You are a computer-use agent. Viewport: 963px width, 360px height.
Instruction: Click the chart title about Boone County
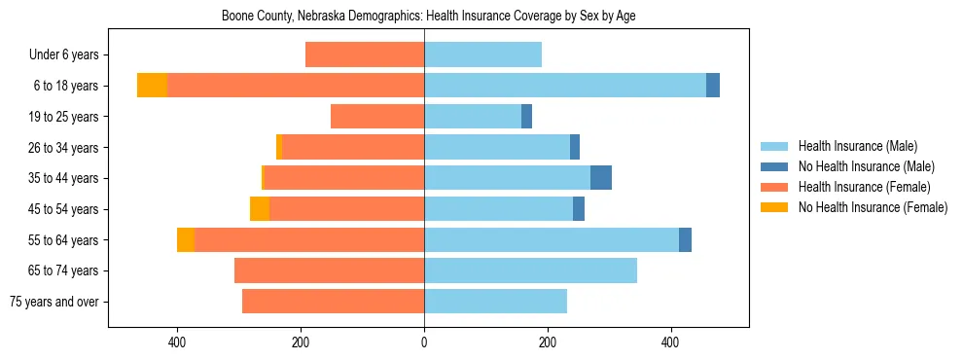(x=428, y=17)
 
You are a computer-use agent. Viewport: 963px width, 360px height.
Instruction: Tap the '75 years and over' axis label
(x=54, y=302)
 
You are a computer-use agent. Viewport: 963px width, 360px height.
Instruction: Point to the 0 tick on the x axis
(x=424, y=342)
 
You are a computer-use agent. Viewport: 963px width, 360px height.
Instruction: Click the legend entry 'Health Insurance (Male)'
(x=857, y=146)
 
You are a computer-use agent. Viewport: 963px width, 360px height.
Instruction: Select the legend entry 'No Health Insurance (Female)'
(x=873, y=207)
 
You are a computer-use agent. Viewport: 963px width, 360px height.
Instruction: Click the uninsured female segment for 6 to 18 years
(x=152, y=86)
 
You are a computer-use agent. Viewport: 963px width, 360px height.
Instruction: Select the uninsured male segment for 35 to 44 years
(x=601, y=178)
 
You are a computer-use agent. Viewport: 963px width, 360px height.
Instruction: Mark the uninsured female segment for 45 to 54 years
(x=260, y=209)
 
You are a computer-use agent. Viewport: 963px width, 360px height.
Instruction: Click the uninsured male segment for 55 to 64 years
(x=685, y=239)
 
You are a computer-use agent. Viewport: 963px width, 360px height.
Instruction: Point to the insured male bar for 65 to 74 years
(x=530, y=270)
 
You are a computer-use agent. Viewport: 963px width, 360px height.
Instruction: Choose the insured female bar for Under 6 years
(x=365, y=54)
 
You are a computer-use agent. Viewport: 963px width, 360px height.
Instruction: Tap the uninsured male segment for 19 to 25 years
(x=526, y=117)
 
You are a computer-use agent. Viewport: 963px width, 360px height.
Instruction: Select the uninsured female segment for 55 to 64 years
(x=186, y=239)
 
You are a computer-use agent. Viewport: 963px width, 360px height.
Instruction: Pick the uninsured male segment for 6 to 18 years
(x=713, y=86)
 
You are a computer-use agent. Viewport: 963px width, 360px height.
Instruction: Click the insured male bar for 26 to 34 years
(x=497, y=147)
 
